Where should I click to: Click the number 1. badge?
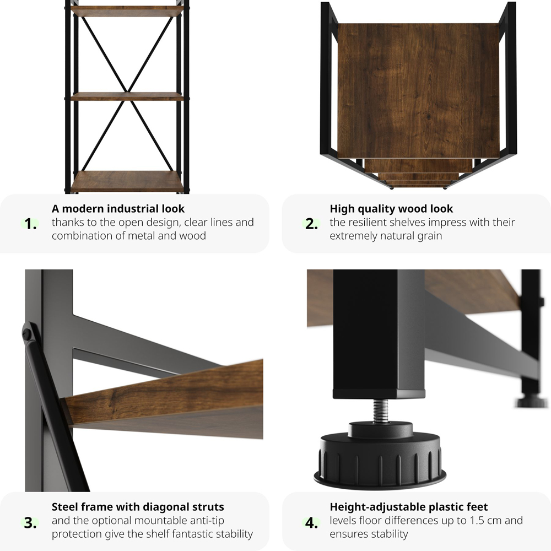click(31, 224)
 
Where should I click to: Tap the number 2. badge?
click(312, 224)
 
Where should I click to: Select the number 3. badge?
click(31, 523)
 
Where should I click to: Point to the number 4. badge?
click(312, 523)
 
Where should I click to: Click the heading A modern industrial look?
click(118, 209)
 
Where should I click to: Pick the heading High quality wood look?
click(391, 209)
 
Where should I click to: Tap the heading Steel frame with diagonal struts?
click(138, 506)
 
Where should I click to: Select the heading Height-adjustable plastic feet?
click(408, 506)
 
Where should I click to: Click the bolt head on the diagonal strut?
click(27, 334)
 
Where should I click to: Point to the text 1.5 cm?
click(483, 520)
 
